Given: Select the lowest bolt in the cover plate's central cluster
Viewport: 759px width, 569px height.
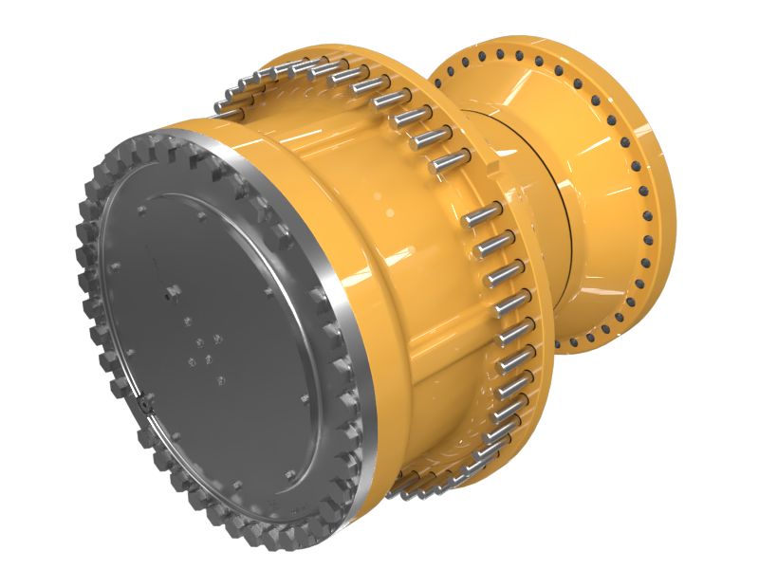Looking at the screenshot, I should pos(220,380).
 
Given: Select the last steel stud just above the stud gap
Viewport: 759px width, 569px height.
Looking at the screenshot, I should pos(449,162).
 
